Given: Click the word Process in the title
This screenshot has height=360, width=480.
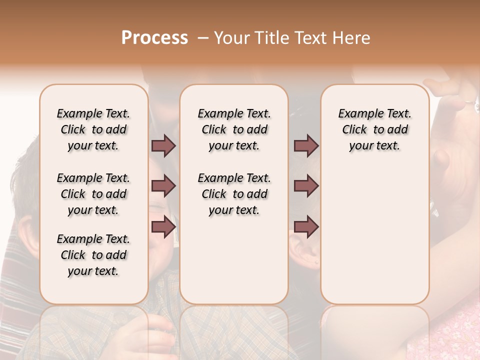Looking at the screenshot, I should click(x=154, y=38).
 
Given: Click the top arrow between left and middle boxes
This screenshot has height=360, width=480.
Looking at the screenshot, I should click(x=163, y=146).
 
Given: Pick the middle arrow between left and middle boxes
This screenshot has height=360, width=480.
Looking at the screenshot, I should click(x=163, y=186).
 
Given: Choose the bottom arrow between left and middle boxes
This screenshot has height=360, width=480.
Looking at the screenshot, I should click(x=163, y=227).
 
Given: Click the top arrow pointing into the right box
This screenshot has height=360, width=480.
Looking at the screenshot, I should click(x=306, y=146).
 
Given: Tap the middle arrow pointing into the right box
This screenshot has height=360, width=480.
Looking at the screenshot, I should click(x=306, y=186).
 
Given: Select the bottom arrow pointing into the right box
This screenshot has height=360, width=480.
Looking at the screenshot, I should click(x=306, y=227).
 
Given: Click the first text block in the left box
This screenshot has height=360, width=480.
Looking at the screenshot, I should click(x=93, y=129).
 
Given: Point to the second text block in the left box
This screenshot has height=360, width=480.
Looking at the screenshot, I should click(x=93, y=194).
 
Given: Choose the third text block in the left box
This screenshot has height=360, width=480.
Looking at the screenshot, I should click(x=93, y=255).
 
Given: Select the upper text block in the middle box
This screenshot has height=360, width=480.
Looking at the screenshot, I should click(x=234, y=129).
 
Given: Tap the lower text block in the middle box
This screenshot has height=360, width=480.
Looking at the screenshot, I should click(x=234, y=194).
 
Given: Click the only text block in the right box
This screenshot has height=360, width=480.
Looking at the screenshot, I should click(x=375, y=129).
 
